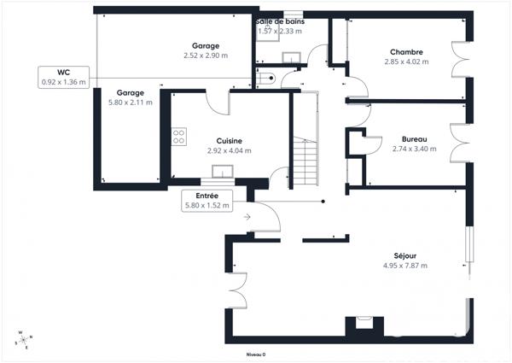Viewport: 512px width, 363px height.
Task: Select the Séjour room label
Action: [x=405, y=255]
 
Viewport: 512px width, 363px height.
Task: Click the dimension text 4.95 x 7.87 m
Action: [x=405, y=266]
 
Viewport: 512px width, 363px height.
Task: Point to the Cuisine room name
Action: [x=229, y=141]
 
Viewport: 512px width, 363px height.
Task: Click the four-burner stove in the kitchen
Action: [x=179, y=137]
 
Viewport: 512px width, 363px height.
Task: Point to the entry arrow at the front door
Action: [x=247, y=217]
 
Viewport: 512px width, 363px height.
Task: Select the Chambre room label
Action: [x=406, y=51]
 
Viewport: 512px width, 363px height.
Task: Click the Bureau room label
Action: [x=414, y=138]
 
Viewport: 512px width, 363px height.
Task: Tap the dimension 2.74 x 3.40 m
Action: [x=414, y=149]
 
